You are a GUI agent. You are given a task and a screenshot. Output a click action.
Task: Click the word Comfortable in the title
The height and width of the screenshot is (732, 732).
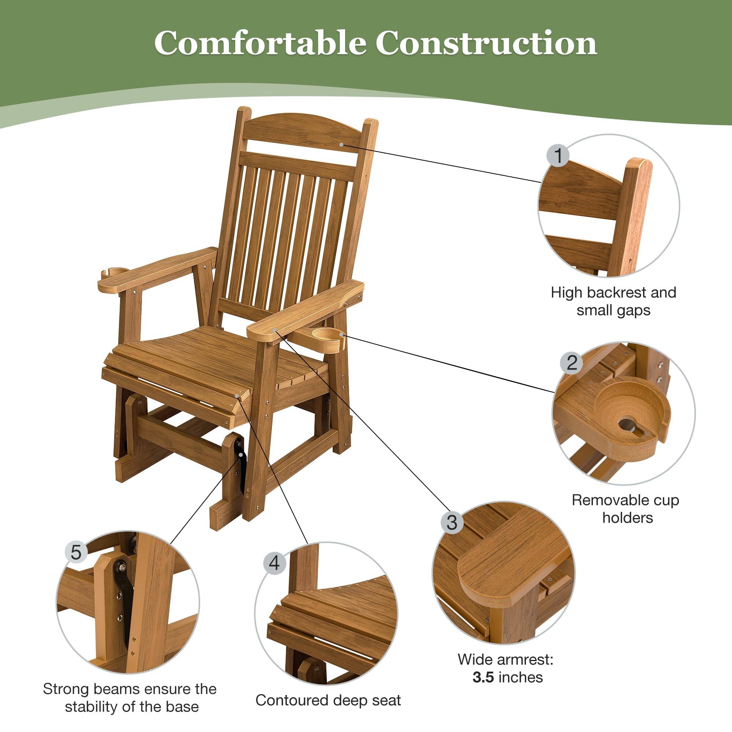click(x=260, y=42)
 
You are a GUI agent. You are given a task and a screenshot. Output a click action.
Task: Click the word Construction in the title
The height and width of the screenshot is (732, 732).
click(x=486, y=42)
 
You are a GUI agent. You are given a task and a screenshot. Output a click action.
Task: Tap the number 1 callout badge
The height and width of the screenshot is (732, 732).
click(x=558, y=155)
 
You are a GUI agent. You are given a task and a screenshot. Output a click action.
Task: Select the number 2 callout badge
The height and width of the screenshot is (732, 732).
click(x=572, y=363)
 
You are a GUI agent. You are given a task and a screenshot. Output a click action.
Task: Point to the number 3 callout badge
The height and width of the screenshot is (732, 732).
click(x=452, y=523)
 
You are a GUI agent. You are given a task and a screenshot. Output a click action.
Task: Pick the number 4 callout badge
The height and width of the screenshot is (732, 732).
click(x=274, y=563)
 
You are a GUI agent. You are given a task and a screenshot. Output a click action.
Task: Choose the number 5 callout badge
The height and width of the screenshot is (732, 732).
click(x=76, y=552)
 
